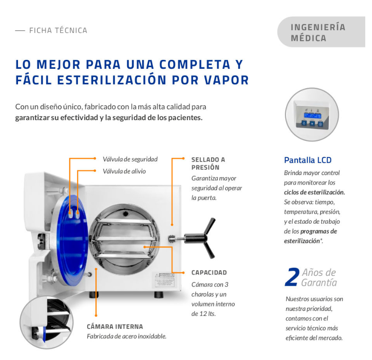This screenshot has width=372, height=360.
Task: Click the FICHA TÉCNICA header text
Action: point(58,31)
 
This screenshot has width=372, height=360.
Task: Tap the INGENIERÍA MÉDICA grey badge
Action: point(321,32)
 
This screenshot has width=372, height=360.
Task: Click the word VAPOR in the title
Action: point(227,80)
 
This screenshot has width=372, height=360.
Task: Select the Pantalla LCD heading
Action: point(308,160)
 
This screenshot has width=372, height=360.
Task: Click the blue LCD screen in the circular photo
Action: point(313,116)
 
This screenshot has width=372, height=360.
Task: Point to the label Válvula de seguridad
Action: point(130,159)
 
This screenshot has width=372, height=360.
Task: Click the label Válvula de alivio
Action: point(124,171)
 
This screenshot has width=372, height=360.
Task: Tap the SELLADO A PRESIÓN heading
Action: point(208,163)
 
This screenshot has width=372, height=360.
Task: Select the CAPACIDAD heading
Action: point(209,272)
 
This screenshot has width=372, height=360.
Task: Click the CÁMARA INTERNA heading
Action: point(115,327)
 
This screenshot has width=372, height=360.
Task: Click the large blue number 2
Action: point(292,277)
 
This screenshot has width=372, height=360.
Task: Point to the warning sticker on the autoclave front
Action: point(164,280)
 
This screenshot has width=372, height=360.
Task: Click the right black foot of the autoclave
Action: point(159,295)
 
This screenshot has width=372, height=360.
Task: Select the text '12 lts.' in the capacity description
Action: point(207,314)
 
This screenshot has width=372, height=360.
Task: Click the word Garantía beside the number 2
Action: point(319,283)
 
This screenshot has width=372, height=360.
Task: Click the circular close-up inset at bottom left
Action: point(46,322)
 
